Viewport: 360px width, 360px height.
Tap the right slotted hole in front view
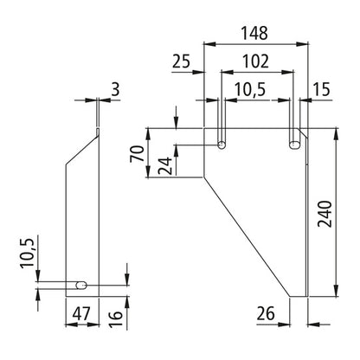[x=295, y=143]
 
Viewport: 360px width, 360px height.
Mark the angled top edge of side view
[x=83, y=147]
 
